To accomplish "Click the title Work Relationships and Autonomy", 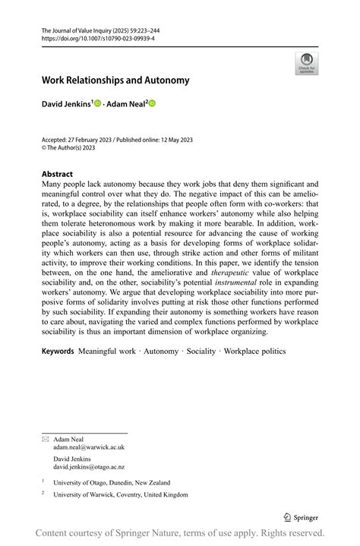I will click(115, 80).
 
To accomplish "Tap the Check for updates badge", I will click(306, 62).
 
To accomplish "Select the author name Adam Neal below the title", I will click(126, 103).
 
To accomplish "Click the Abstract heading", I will click(57, 174).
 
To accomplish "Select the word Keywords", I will click(58, 351).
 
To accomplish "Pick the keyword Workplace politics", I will click(254, 351).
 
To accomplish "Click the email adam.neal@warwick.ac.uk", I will click(88, 447).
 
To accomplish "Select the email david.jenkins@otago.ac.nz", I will click(89, 467).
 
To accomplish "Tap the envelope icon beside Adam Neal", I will click(45, 439).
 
